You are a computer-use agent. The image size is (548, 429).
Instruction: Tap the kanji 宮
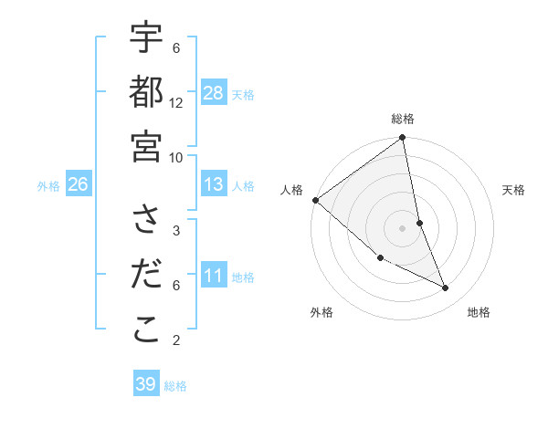[x=146, y=146]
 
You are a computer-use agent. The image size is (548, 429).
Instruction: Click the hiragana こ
[x=146, y=330]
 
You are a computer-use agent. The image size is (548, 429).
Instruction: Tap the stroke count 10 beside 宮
[x=176, y=157]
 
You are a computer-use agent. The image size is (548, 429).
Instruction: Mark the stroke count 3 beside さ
[x=176, y=230]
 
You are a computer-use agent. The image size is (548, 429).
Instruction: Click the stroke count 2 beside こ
[x=176, y=340]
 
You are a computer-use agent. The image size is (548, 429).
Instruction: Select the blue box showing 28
[x=214, y=93]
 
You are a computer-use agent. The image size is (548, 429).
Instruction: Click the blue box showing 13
[x=214, y=184]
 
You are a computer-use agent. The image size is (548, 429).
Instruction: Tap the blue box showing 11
[x=214, y=276]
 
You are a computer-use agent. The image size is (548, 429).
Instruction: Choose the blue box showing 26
[x=78, y=184]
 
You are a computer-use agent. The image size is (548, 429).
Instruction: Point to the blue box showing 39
[x=146, y=384]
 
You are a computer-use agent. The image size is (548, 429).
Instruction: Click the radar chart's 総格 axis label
[x=403, y=119]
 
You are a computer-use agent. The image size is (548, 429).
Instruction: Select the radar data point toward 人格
[x=315, y=200]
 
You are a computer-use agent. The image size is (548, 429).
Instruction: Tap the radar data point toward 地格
[x=446, y=288]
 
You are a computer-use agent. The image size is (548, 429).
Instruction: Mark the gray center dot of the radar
[x=403, y=227]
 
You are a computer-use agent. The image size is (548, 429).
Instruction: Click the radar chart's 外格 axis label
[x=321, y=312]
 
